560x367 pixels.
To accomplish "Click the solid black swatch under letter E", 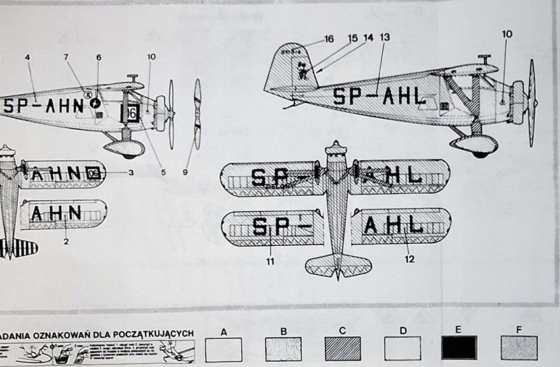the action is (x=460, y=348).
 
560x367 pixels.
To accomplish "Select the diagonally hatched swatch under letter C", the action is (x=343, y=348).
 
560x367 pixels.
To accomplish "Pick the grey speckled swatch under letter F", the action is (x=519, y=348).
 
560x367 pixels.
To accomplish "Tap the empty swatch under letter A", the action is (x=224, y=348).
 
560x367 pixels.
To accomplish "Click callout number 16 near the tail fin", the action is (x=329, y=40).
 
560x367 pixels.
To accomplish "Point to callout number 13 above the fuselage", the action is (x=385, y=38).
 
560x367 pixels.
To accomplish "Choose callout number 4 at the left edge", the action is (x=28, y=57).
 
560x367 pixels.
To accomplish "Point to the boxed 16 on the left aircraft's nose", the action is (x=132, y=113).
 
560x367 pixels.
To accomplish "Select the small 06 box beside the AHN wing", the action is (x=93, y=173).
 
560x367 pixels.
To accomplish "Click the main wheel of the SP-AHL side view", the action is (x=480, y=151).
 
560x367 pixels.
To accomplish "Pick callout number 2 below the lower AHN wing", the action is (x=66, y=242).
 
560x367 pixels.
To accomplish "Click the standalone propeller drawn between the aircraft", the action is (x=197, y=113).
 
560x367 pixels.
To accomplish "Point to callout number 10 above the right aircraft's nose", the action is (x=507, y=34).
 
